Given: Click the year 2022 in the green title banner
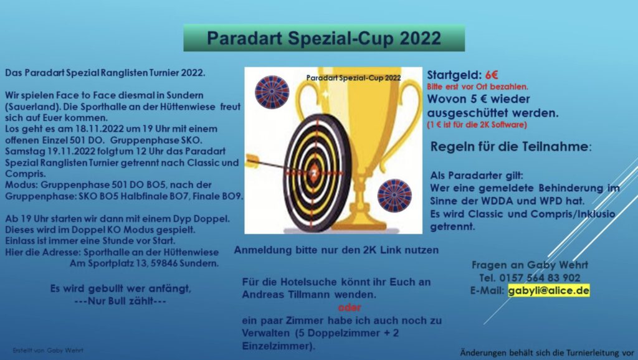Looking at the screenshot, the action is pos(421,38).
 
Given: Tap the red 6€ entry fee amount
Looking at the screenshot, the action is pos(492,75).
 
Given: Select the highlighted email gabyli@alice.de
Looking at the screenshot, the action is pos(548,290).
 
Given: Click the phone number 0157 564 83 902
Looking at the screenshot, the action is pos(540,278).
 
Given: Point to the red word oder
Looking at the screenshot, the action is pos(350,307).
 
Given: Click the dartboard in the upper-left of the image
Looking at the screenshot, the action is pos(272,92).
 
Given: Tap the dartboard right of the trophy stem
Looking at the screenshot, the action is pos(394,196).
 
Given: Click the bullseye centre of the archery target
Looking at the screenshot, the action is pos(314,173).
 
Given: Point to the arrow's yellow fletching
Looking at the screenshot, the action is pos(252,160).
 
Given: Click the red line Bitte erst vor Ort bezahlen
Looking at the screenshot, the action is pos(477,87).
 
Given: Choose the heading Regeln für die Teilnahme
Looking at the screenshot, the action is pos(511,146).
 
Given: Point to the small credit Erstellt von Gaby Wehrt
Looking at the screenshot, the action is pos(48,350).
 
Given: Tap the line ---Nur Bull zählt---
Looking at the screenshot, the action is pos(120,301).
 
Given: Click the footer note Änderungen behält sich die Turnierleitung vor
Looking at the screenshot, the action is pos(547,353).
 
